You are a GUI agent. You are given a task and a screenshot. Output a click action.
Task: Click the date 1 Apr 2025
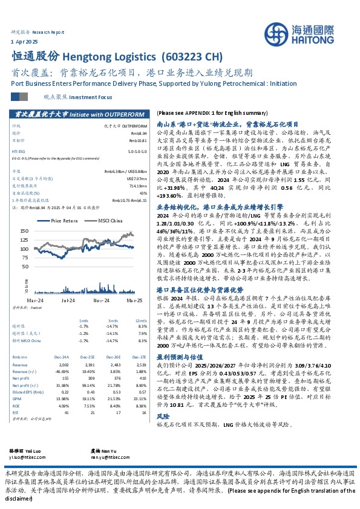coord(25,39)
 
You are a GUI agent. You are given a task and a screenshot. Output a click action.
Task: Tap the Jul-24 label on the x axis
coord(67,300)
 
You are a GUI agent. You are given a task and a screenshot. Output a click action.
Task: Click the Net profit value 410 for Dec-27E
coord(143,361)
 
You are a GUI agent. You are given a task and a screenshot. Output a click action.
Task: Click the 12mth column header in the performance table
coord(140,320)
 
